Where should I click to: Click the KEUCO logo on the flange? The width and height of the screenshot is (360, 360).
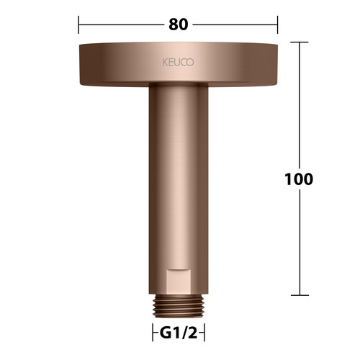[x=179, y=63]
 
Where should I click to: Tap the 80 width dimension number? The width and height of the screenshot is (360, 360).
[x=179, y=24]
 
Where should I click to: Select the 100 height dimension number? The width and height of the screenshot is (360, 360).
[x=299, y=179]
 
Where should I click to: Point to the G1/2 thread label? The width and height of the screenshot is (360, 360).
[x=179, y=333]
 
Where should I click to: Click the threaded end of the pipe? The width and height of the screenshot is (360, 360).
[x=179, y=306]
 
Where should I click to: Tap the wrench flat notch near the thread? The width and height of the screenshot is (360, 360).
[x=179, y=282]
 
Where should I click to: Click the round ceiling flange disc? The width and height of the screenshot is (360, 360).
[x=179, y=64]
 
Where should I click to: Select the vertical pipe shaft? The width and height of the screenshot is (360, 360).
[x=179, y=189]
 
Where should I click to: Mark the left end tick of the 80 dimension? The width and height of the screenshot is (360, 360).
[x=78, y=24]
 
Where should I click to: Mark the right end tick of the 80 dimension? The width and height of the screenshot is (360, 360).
[x=277, y=24]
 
